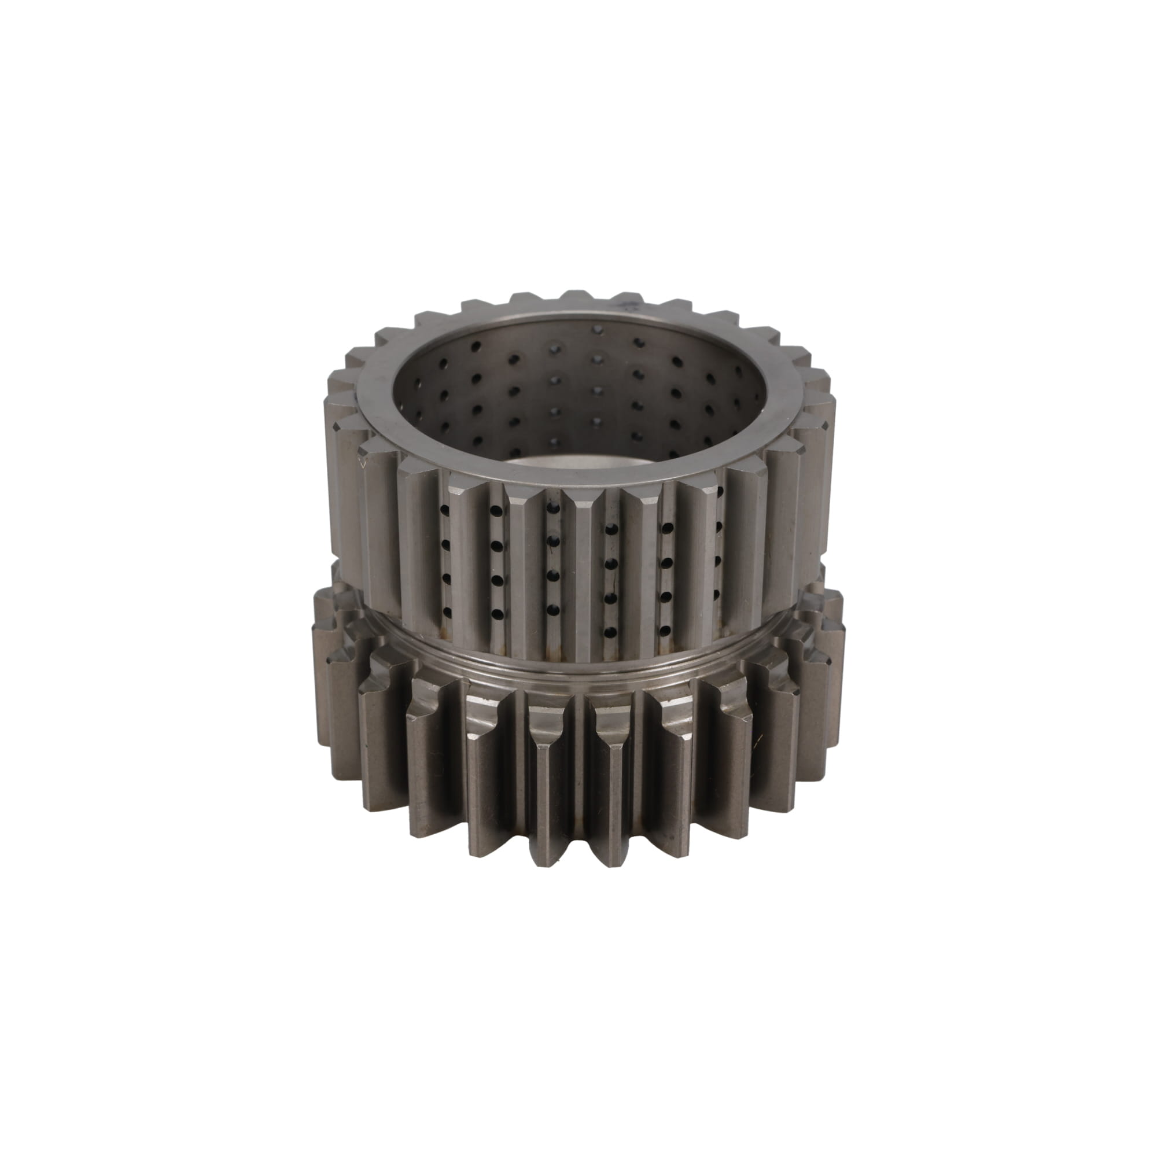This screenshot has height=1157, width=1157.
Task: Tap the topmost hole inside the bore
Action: [596, 329]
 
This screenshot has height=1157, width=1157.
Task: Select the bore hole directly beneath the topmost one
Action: [597, 358]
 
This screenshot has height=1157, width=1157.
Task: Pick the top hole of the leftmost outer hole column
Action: [444, 510]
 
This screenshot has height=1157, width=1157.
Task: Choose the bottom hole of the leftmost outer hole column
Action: [445, 611]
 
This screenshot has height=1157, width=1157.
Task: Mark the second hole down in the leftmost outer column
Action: [445, 544]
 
